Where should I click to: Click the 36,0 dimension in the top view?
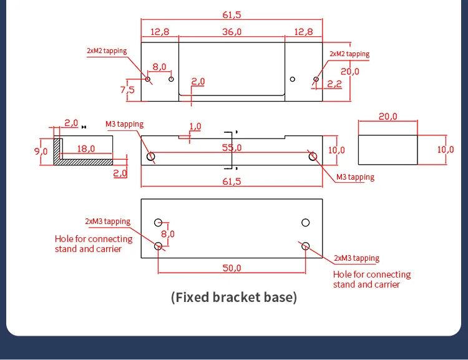232,32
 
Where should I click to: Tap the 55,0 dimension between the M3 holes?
232,148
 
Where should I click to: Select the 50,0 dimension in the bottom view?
232,268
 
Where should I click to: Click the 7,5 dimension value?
127,89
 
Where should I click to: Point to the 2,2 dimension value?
334,84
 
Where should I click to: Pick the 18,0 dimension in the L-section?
86,148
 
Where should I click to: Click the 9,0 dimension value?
41,150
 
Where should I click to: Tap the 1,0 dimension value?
195,127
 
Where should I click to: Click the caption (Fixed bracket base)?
234,297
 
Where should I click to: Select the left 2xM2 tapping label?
107,52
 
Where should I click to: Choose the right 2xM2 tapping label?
349,54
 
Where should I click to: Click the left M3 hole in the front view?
151,156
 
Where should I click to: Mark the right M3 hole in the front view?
312,156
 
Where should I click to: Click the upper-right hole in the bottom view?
306,222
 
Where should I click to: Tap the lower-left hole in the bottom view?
158,246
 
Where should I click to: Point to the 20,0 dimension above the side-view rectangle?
388,117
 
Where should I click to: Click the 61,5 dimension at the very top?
232,14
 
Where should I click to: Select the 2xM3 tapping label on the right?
356,258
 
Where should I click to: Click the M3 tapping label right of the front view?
355,177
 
